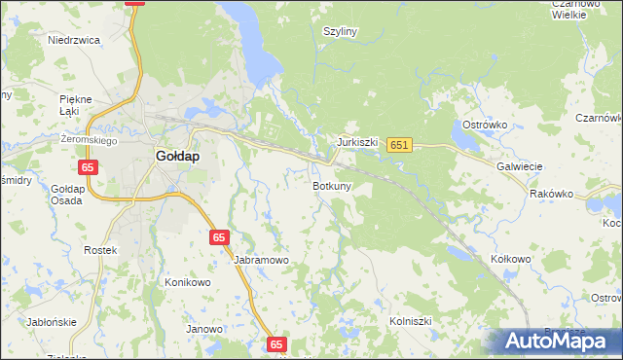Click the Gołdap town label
point(178,156)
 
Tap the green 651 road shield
point(399,145)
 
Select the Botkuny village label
point(332,185)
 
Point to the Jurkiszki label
point(357,142)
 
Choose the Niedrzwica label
point(75,41)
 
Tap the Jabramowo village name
point(262,261)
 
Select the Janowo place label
point(204,329)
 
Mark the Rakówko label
point(552,194)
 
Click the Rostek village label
point(100,250)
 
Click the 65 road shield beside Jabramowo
point(220,237)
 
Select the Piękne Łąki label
point(75,105)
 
